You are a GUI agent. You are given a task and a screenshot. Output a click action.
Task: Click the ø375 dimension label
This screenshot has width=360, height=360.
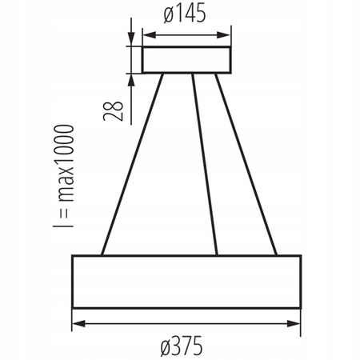[x=186, y=345]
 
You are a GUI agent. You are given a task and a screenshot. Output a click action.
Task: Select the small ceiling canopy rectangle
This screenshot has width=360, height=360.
[x=186, y=59]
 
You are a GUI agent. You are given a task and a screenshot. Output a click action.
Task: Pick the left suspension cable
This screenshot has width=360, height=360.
[x=132, y=164]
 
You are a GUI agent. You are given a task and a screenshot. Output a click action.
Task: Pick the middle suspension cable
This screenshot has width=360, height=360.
[x=205, y=164]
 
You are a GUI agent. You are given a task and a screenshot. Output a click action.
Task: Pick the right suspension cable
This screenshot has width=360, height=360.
[x=248, y=164]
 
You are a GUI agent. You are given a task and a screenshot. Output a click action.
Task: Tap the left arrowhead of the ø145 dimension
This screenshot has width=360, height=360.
[x=146, y=34]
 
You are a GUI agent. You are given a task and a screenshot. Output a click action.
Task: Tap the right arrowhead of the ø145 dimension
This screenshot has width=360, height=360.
[x=226, y=34]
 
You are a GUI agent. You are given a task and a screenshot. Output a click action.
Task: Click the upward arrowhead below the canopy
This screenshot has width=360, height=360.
[x=131, y=78]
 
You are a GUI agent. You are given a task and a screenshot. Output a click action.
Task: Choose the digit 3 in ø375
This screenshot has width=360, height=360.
[x=177, y=345]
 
